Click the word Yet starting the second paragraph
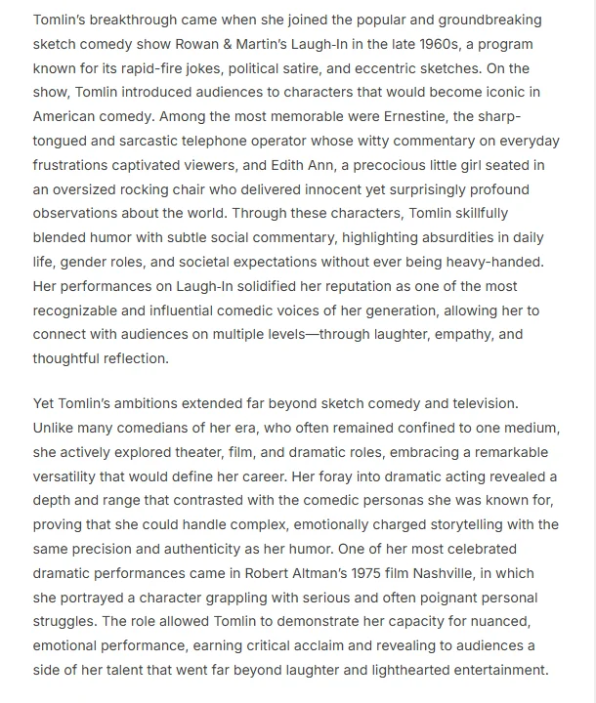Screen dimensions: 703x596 45,404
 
